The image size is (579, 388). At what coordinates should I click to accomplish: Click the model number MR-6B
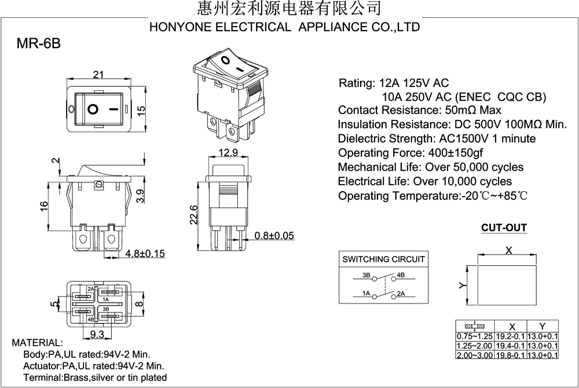[38, 43]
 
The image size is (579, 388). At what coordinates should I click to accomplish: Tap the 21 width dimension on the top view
[98, 75]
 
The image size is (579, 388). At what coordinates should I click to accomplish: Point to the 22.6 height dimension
[194, 215]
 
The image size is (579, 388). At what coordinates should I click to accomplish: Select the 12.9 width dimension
[228, 152]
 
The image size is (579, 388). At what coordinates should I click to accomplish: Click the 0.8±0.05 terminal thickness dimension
[274, 236]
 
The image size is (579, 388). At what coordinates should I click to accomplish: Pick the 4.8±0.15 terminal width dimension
[145, 254]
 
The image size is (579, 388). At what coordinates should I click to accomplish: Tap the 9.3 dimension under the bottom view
[97, 335]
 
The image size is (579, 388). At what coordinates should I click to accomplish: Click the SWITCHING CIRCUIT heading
[383, 259]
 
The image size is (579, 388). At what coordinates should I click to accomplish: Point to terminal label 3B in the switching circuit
[367, 275]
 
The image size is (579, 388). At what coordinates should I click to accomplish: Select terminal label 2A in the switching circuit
[401, 294]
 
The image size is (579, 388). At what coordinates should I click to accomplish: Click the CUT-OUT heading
[504, 228]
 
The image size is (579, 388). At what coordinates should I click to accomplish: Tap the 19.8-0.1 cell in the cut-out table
[510, 355]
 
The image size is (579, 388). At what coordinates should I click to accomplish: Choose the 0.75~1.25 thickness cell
[475, 336]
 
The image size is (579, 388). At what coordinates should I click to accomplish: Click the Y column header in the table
[542, 326]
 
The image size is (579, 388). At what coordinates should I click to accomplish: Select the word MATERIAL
[37, 343]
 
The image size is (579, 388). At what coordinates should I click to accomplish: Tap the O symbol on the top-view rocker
[93, 109]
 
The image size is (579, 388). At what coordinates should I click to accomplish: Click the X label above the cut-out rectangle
[508, 251]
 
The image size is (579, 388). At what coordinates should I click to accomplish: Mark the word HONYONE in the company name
[181, 27]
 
